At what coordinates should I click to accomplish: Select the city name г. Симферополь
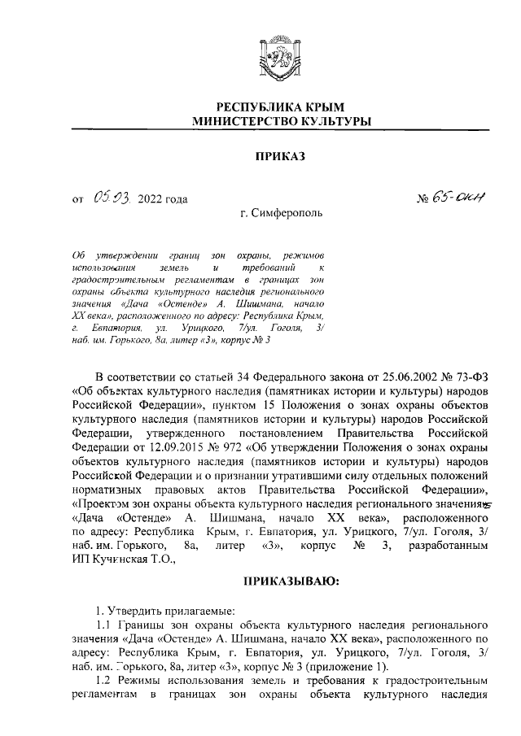pos(281,215)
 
